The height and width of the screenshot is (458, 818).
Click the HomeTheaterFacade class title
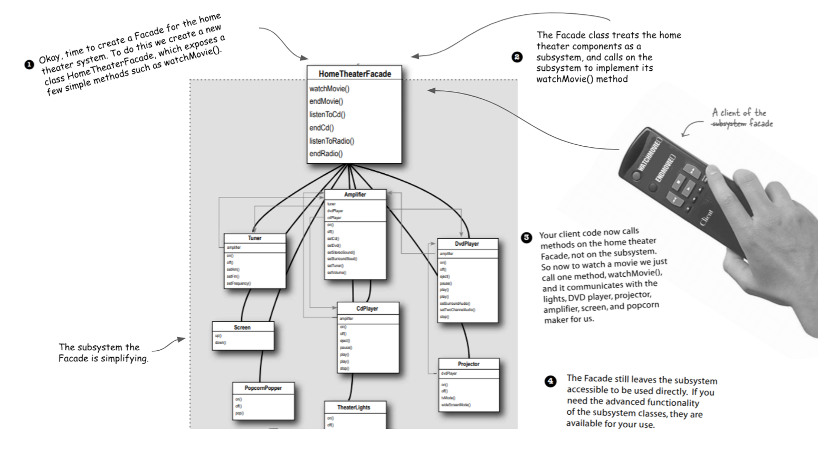click(355, 74)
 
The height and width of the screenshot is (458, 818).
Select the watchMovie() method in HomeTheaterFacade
click(329, 89)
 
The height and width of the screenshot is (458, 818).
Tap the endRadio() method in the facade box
click(326, 154)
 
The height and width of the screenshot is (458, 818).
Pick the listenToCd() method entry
click(327, 115)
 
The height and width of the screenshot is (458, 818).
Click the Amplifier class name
click(355, 194)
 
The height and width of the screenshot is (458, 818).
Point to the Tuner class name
click(254, 238)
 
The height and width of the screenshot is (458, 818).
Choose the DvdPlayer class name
click(467, 244)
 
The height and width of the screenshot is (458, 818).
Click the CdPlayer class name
click(367, 309)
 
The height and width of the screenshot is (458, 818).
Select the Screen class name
click(242, 328)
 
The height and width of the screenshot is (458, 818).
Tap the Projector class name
click(469, 364)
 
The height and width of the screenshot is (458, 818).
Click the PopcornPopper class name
click(263, 388)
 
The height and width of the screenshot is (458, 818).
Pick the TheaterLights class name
click(354, 407)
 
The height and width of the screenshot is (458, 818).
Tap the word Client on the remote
click(707, 218)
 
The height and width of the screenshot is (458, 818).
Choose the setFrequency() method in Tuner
click(239, 283)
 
